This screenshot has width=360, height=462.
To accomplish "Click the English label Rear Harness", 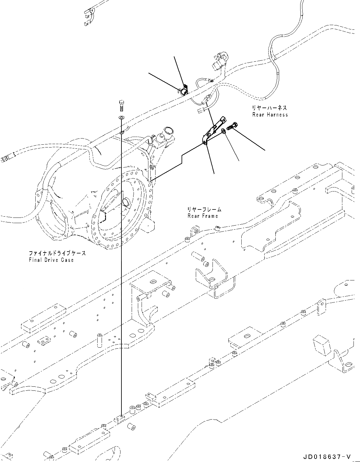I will tap(270, 115).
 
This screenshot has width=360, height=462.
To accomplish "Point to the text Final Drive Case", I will tap(51, 260).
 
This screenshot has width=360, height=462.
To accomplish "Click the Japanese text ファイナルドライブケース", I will tap(57, 253).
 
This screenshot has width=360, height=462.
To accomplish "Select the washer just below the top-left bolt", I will tap(121, 117).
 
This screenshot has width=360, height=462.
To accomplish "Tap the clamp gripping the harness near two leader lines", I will tap(183, 90).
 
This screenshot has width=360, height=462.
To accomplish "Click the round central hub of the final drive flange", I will tap(126, 202).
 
